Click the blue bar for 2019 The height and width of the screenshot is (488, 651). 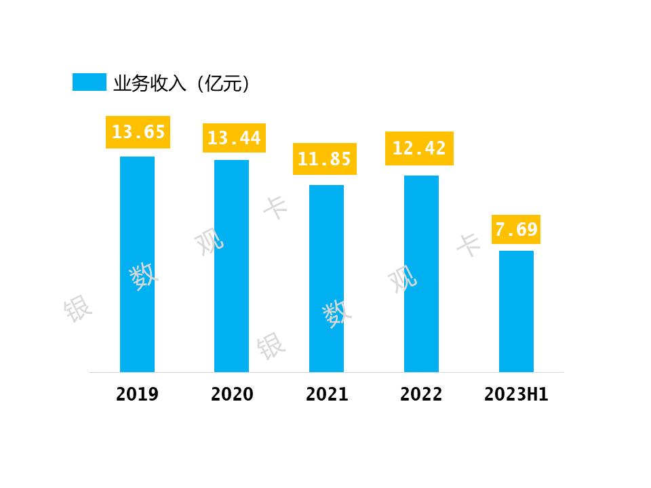tap(137, 264)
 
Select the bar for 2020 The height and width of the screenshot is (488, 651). tap(231, 266)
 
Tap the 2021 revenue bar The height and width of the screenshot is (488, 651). tap(326, 279)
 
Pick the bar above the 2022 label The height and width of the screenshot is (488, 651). tap(421, 274)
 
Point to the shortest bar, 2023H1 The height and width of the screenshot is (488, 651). tap(516, 311)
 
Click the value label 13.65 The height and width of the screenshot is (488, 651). tap(138, 132)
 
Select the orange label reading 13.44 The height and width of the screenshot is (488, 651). tap(233, 138)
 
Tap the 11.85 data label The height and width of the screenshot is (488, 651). tap(324, 159)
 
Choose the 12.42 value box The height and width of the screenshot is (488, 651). tap(419, 148)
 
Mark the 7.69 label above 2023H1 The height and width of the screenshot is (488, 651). tap(516, 230)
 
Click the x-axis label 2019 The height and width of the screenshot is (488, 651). tap(137, 394)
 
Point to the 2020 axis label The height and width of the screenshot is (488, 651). tap(232, 394)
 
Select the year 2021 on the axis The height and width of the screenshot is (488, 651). tap(327, 394)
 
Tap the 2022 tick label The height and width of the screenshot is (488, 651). tap(421, 394)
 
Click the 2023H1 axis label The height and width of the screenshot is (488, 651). tap(516, 394)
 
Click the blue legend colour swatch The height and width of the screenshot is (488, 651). tap(90, 82)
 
